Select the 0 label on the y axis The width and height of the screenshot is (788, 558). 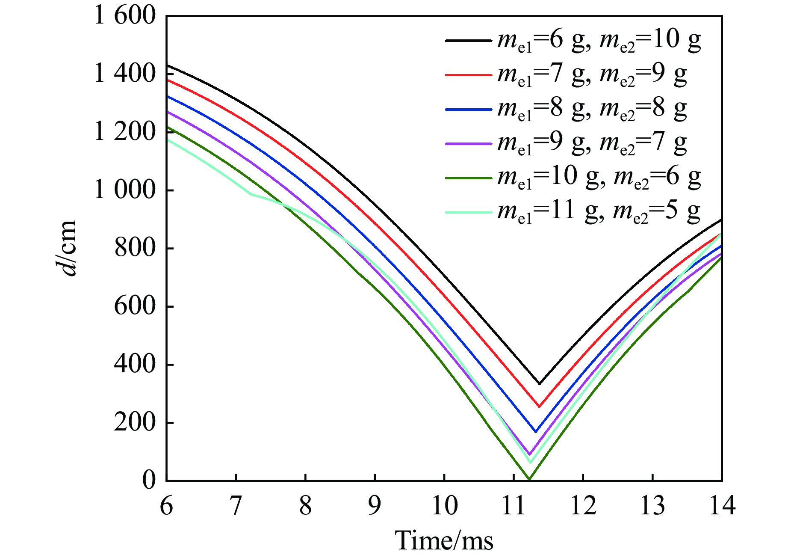(x=149, y=480)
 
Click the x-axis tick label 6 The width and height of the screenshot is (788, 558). (x=166, y=506)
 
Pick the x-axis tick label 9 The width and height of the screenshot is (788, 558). (x=375, y=506)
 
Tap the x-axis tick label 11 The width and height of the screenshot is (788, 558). (x=514, y=506)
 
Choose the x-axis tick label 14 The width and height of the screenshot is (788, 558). (x=722, y=506)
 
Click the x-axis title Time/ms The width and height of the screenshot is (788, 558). (x=444, y=540)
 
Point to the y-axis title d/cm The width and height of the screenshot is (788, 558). (x=68, y=248)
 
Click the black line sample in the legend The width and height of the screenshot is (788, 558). (x=469, y=41)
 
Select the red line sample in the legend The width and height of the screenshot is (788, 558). (x=469, y=75)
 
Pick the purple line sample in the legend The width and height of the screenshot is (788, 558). (x=469, y=144)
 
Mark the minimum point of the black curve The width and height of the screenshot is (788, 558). (x=540, y=384)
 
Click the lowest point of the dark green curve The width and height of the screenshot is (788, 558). (x=529, y=479)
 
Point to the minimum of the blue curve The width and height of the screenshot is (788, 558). (x=536, y=432)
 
